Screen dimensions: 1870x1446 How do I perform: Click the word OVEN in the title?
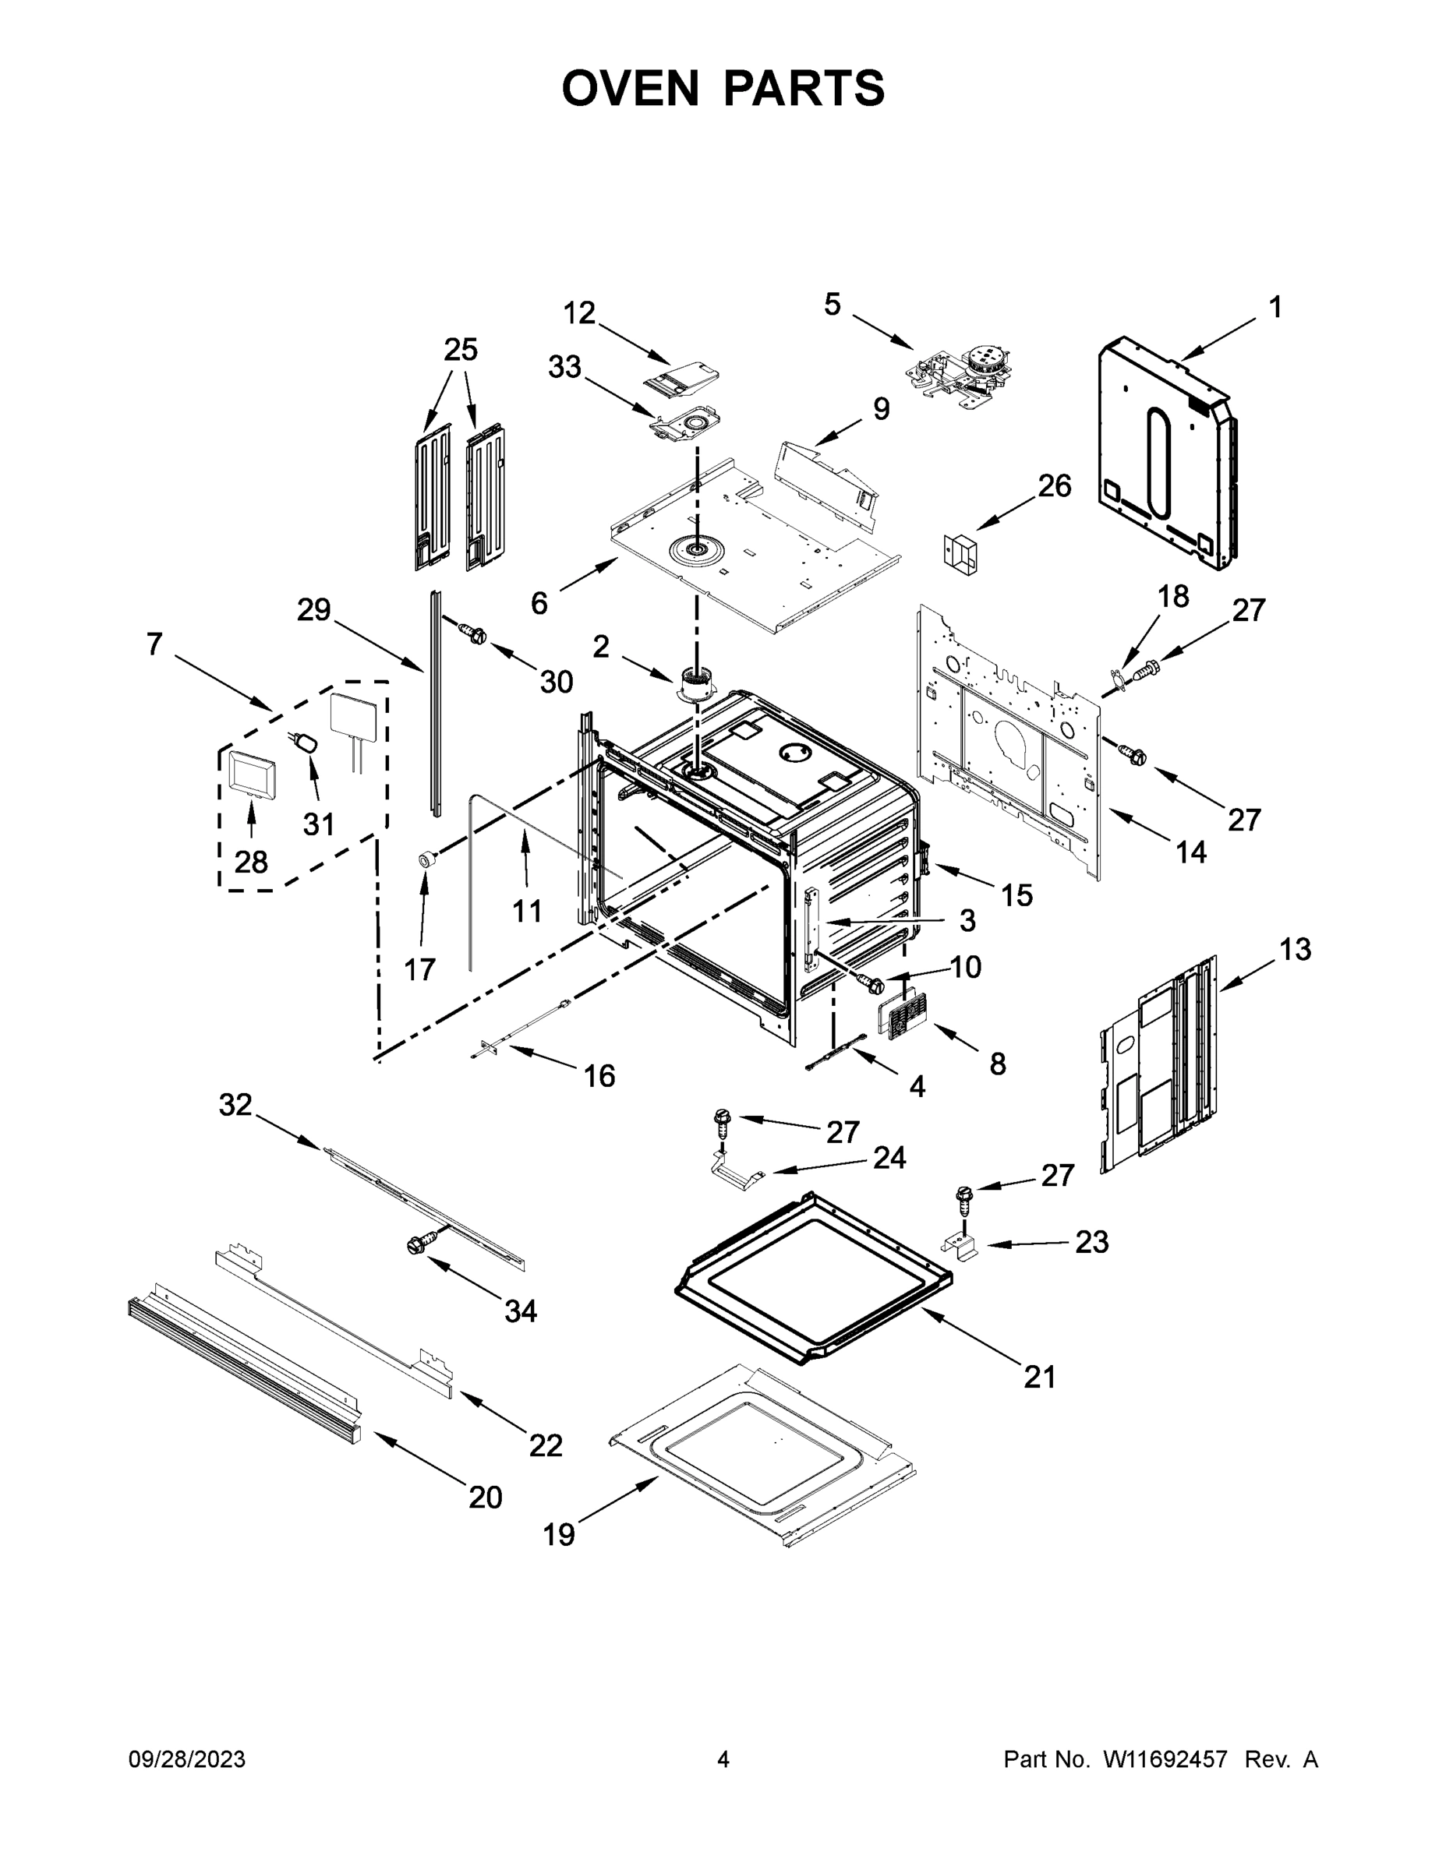point(631,88)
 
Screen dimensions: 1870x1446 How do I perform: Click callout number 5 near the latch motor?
point(832,305)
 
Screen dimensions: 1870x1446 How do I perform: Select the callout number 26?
point(1055,485)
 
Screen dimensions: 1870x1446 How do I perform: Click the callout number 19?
point(559,1534)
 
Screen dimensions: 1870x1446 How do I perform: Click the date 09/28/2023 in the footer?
point(187,1759)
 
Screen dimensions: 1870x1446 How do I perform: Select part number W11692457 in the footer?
point(1165,1759)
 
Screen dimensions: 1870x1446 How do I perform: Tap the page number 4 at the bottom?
point(723,1759)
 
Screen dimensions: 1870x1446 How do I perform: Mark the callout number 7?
point(154,644)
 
